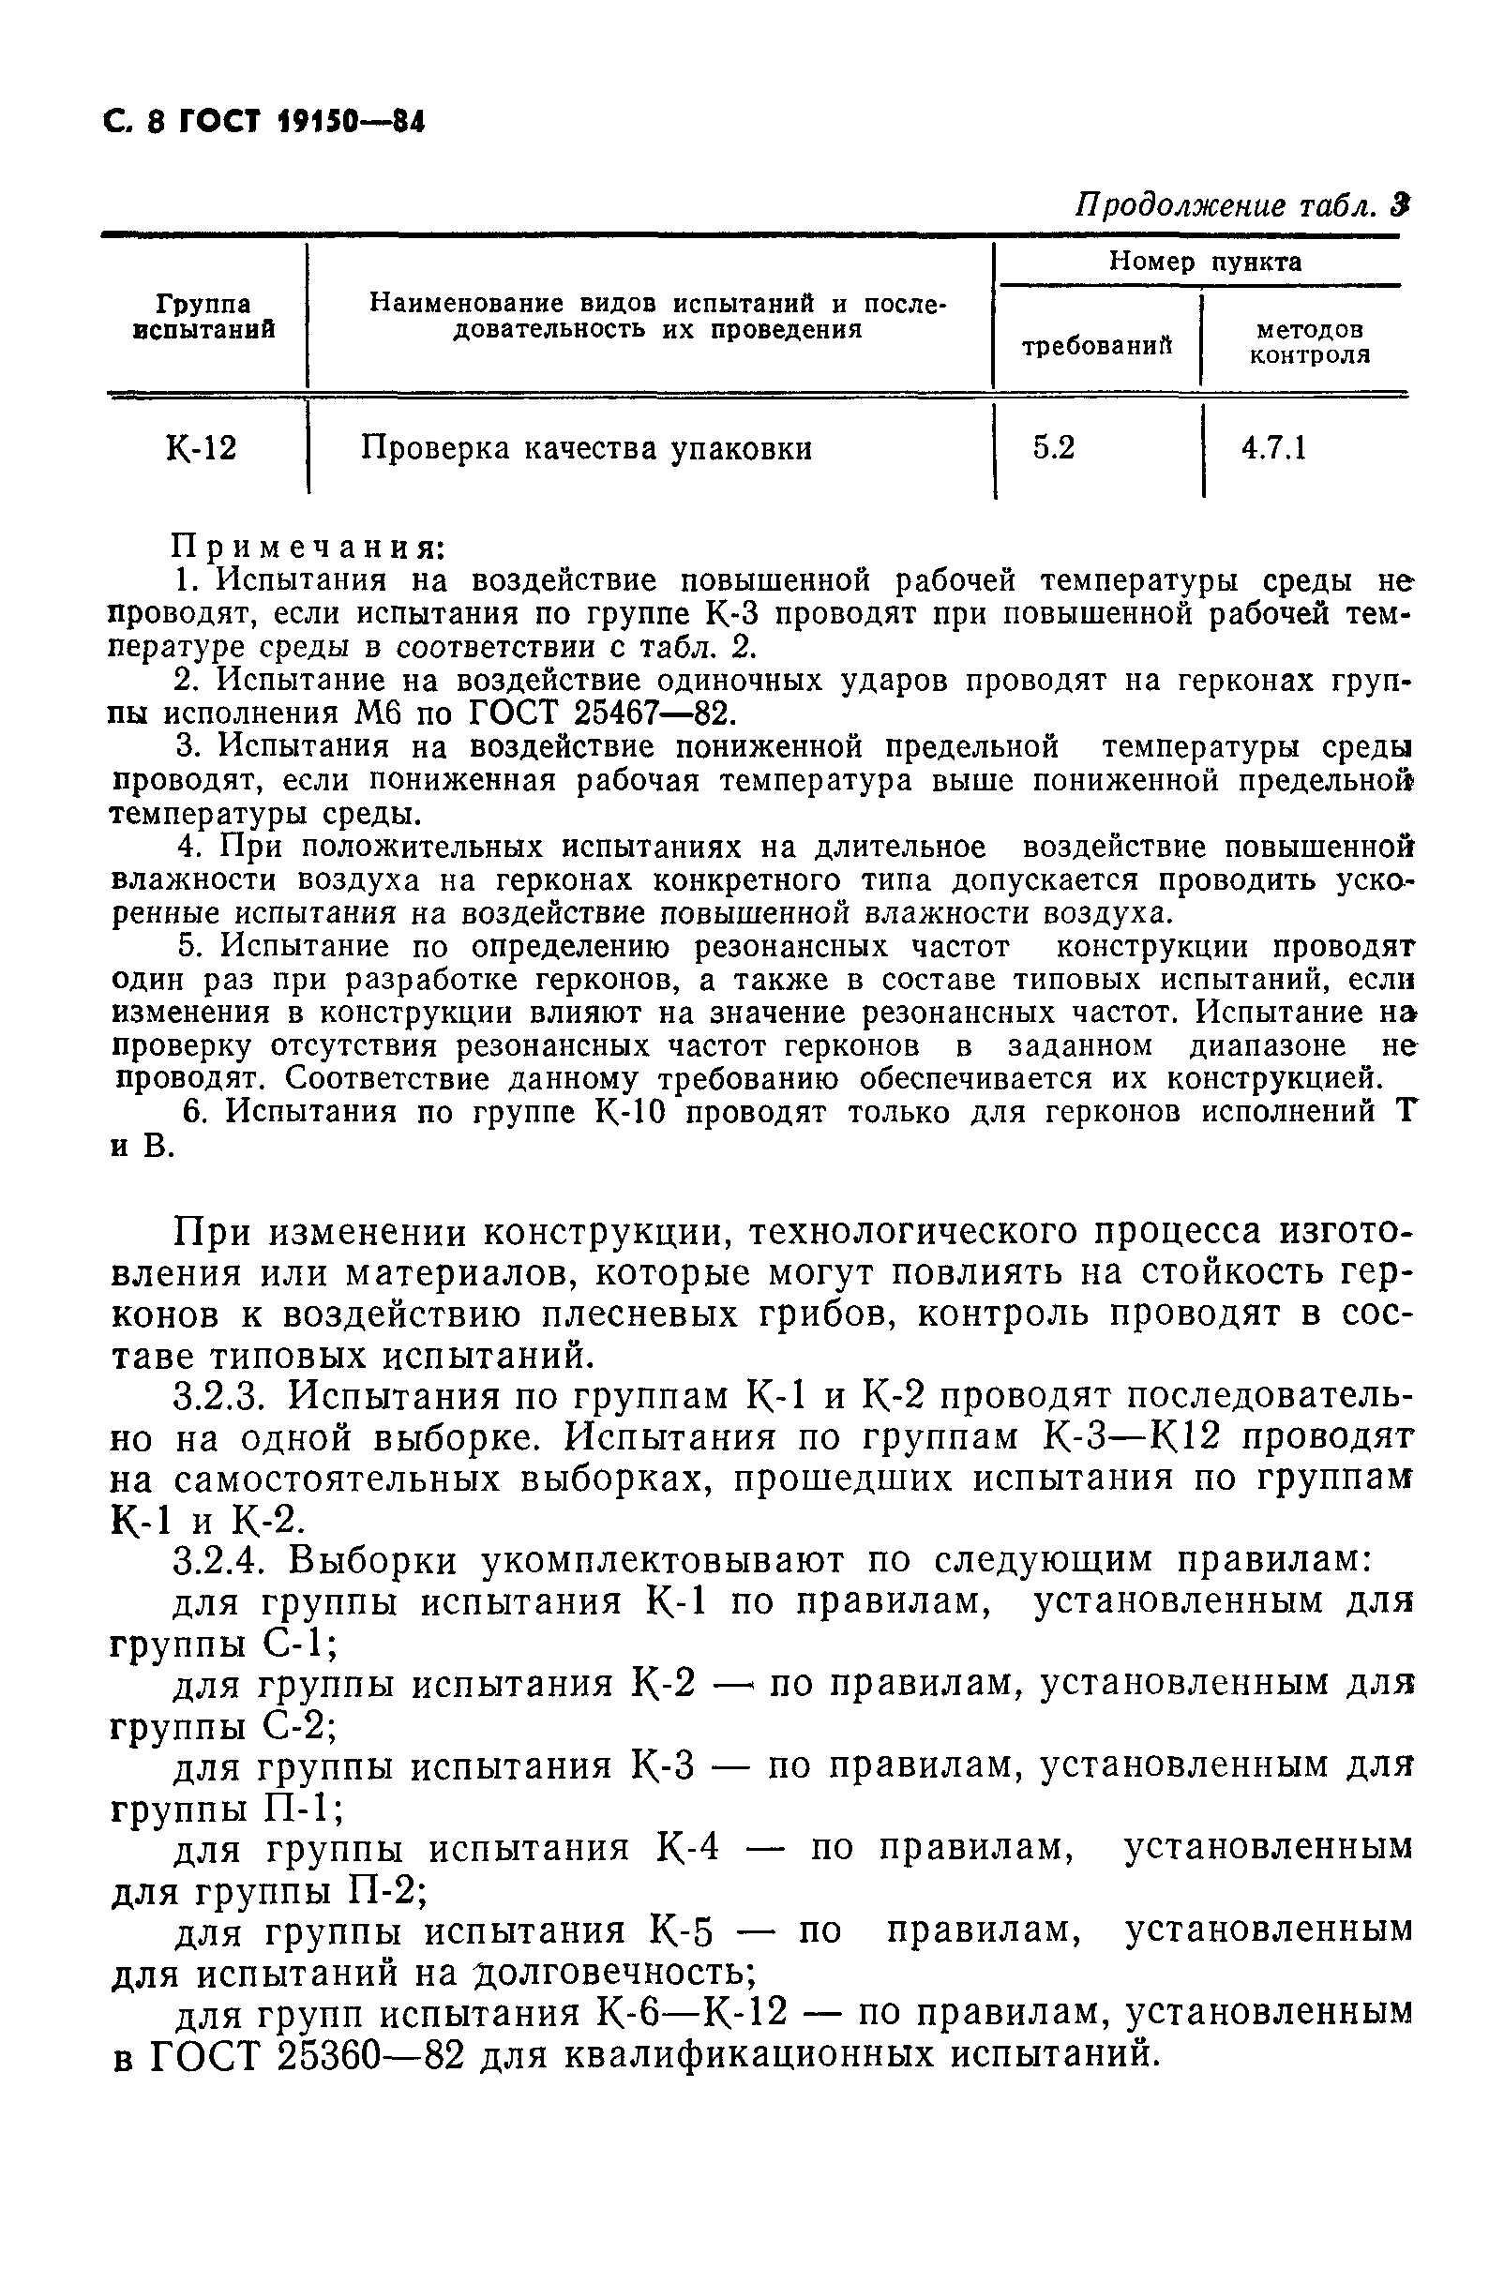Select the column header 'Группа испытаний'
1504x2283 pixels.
(x=203, y=317)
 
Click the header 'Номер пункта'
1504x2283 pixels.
(x=1205, y=262)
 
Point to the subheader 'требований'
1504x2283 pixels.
(x=1097, y=346)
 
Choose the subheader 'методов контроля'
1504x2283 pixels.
(x=1308, y=342)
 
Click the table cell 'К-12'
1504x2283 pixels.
(x=202, y=448)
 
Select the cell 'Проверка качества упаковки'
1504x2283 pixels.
(x=586, y=449)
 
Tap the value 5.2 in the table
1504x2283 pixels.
(x=1053, y=448)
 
